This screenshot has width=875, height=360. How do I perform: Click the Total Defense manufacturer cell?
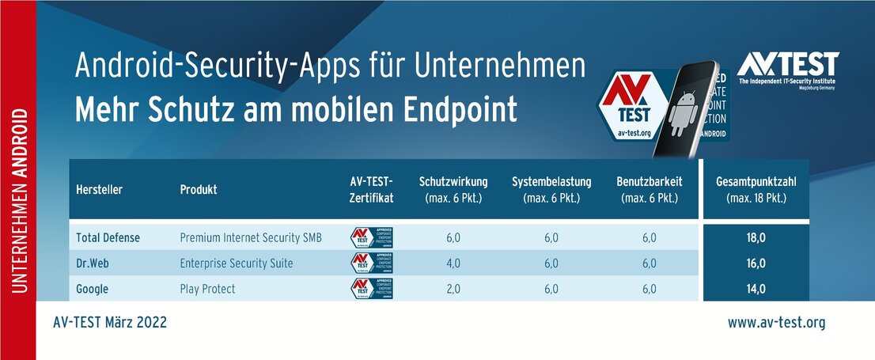point(109,237)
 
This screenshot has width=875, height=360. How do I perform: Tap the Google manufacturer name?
point(93,289)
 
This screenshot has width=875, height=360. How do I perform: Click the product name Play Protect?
point(207,289)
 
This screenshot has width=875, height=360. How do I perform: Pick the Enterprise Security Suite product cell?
point(236,263)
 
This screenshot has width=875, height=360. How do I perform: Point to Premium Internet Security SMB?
point(251,237)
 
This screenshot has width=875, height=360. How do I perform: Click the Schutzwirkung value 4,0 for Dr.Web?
point(453,263)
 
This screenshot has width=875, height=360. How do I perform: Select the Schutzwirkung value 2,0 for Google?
point(453,289)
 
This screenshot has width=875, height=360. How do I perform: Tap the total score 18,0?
point(756,237)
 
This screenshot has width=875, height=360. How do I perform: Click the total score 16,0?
point(756,263)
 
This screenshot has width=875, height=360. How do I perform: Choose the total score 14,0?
point(756,289)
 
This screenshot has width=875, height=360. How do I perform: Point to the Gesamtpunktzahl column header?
point(756,189)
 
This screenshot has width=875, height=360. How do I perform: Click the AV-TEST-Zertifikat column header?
point(371,189)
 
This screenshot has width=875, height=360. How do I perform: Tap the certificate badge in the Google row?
point(372,289)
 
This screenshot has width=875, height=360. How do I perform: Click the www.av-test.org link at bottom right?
point(776,323)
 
